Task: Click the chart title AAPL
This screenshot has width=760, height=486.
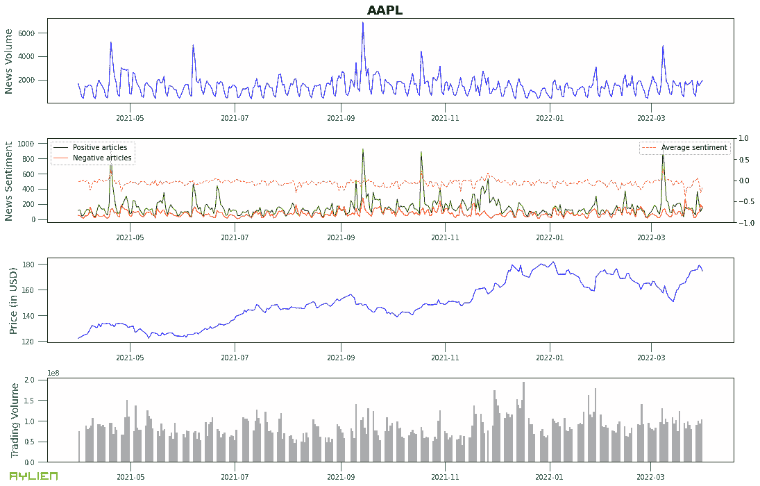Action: pyautogui.click(x=385, y=10)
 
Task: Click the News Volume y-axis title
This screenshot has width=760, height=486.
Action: pyautogui.click(x=9, y=61)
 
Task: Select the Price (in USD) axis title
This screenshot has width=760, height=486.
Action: pyautogui.click(x=14, y=300)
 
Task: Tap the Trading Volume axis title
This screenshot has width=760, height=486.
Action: pyautogui.click(x=15, y=420)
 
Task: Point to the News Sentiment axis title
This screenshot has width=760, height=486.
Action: pyautogui.click(x=9, y=181)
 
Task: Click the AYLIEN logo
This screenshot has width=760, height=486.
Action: pyautogui.click(x=33, y=476)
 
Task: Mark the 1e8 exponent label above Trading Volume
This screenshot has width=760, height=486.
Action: pyautogui.click(x=53, y=374)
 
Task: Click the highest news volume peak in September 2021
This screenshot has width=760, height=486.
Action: pyautogui.click(x=362, y=23)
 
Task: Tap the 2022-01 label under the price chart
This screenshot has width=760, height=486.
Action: pyautogui.click(x=550, y=353)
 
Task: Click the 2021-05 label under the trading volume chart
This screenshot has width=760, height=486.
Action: pyautogui.click(x=130, y=477)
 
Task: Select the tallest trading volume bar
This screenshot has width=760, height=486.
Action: pyautogui.click(x=523, y=383)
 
